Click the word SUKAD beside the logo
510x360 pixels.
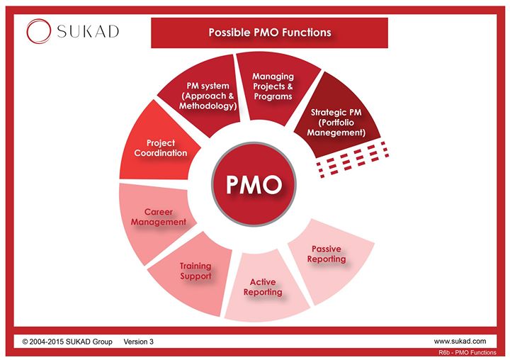(87, 30)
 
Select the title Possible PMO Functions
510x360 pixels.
(269, 33)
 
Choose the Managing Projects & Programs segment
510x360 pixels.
(273, 86)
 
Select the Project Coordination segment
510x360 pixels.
(161, 147)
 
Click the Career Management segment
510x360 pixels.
(164, 217)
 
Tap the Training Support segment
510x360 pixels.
(195, 271)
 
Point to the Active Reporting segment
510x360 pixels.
(263, 288)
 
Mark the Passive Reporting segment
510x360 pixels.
(328, 254)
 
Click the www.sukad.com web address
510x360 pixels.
(460, 342)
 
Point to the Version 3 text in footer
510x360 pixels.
(138, 342)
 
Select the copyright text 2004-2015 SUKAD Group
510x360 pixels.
(67, 342)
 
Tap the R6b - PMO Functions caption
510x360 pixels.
(469, 352)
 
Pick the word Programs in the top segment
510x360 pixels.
(273, 96)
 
